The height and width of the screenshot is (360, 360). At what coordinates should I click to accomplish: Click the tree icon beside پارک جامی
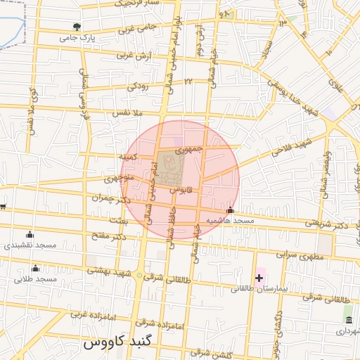click(x=77, y=27)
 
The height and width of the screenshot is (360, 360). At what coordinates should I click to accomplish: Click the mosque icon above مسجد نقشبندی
click(x=29, y=235)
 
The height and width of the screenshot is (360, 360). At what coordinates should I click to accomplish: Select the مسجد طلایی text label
click(x=36, y=279)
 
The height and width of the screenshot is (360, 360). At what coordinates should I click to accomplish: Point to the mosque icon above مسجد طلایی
click(x=36, y=268)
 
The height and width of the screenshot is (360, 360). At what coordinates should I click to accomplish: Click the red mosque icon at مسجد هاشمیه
click(x=230, y=210)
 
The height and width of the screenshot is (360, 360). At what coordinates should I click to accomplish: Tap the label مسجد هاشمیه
click(x=229, y=221)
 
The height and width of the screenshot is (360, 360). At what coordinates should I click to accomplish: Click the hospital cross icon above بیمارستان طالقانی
click(x=259, y=278)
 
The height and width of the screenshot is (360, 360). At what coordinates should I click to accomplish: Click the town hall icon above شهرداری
click(x=349, y=320)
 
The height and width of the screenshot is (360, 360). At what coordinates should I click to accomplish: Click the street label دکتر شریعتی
click(x=326, y=223)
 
